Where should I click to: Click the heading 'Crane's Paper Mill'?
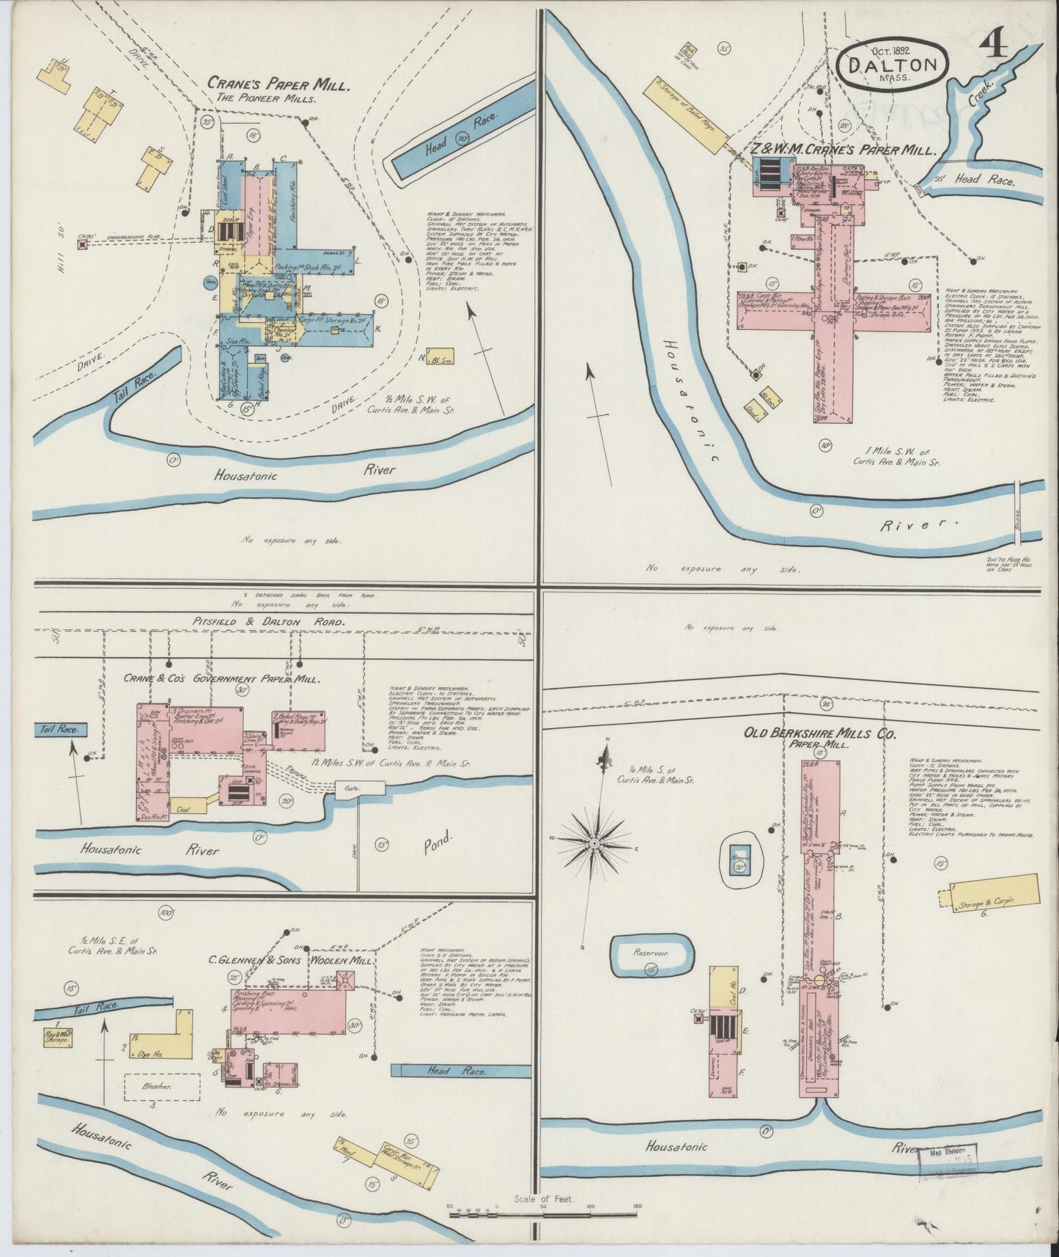tap(278, 83)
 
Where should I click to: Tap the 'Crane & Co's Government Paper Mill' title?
tap(212, 679)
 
